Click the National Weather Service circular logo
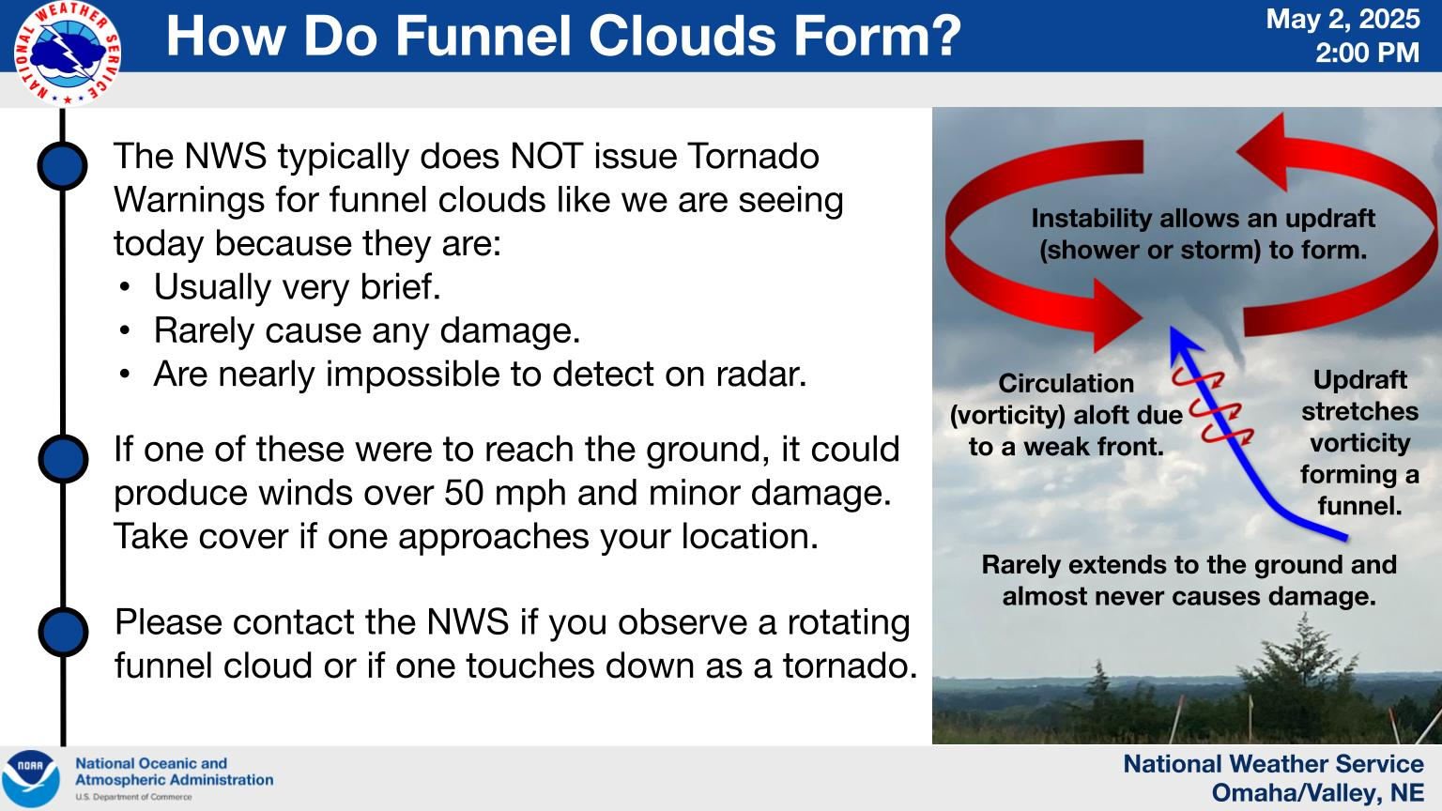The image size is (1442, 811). [x=68, y=54]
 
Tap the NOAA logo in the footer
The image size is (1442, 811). [x=31, y=779]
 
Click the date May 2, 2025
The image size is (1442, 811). [x=1342, y=20]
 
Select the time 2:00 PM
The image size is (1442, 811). [x=1367, y=53]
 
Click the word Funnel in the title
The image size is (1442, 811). [x=482, y=36]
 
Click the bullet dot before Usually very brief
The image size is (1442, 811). [x=125, y=287]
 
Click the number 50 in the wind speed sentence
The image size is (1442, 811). [x=464, y=493]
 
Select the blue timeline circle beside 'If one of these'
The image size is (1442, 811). [x=63, y=459]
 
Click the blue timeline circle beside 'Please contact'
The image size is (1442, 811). [x=63, y=632]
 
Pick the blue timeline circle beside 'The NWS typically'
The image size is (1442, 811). [x=63, y=165]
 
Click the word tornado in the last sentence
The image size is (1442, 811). [x=850, y=666]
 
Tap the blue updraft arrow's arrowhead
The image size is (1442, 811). [x=1181, y=341]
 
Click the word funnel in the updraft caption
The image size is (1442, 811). [x=1359, y=506]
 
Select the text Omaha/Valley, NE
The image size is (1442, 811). [x=1317, y=793]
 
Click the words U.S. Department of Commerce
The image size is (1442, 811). [x=133, y=797]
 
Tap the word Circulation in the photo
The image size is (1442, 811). [x=1066, y=384]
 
